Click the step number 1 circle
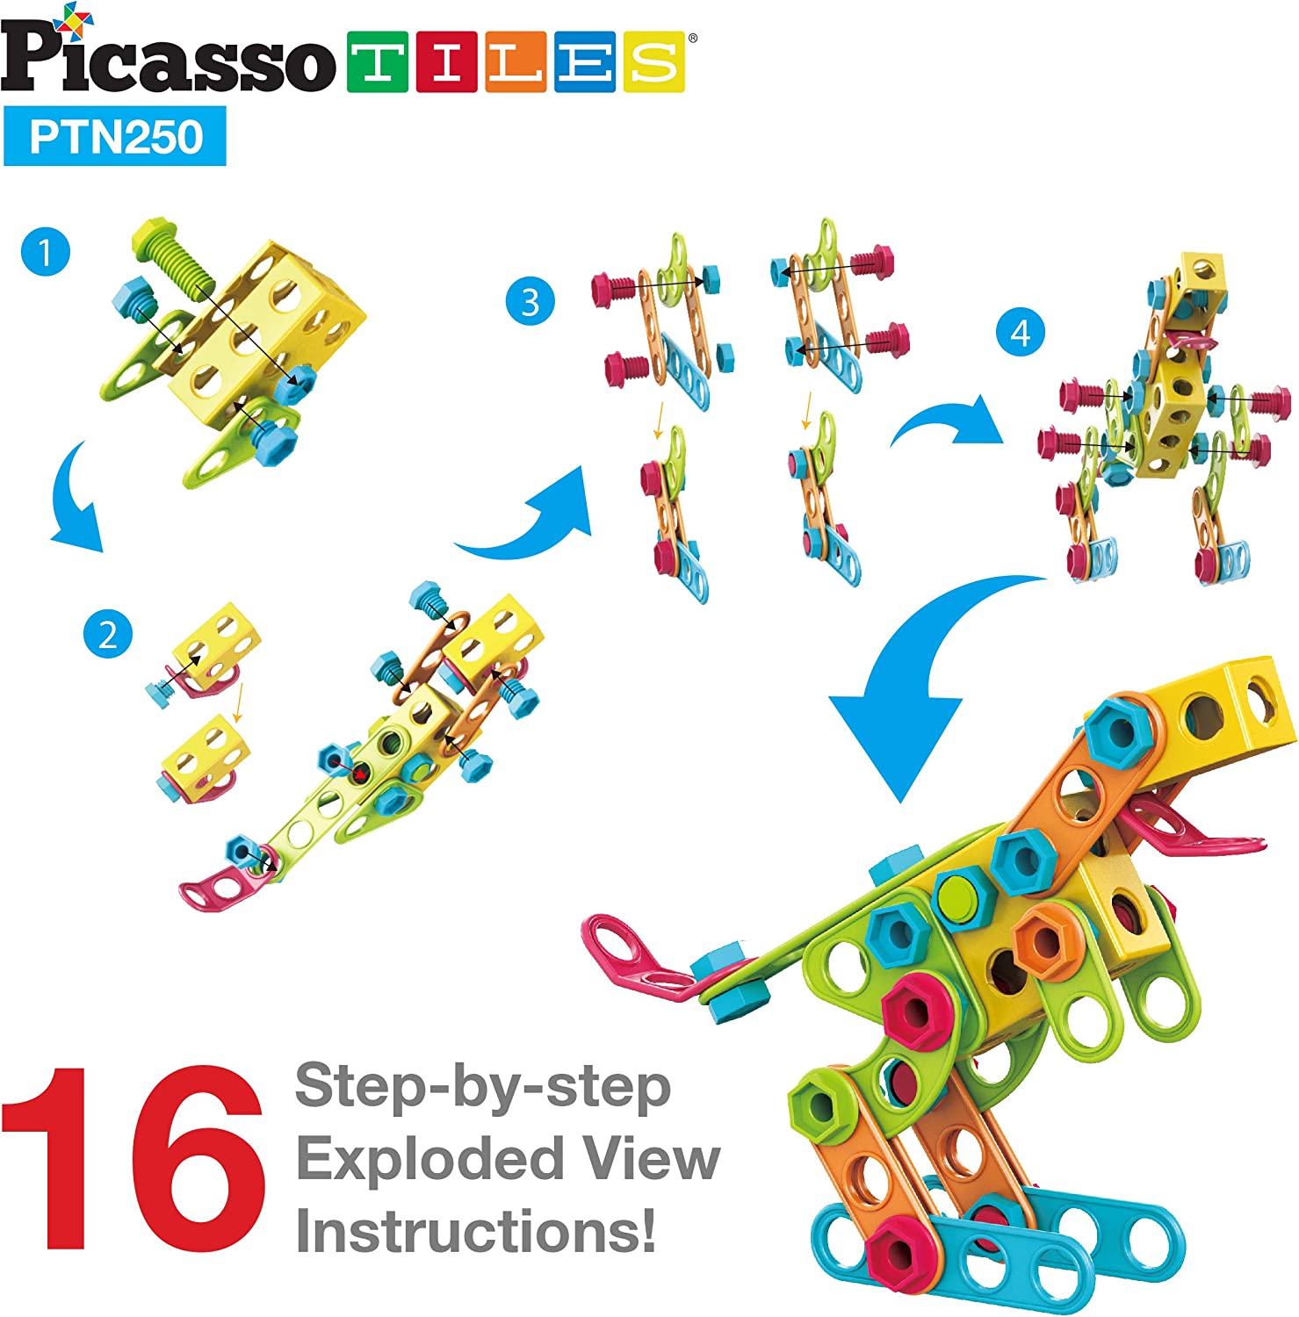tap(45, 253)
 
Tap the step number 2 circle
tap(107, 634)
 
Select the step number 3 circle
tap(530, 302)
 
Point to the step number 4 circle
tap(1020, 333)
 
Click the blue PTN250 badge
tap(115, 137)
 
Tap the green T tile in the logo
tap(378, 62)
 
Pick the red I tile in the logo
tap(446, 62)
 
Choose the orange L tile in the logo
tap(516, 62)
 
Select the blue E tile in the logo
tap(584, 62)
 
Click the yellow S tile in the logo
tap(653, 62)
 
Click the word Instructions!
tap(475, 1231)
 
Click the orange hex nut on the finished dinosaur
tap(1043, 938)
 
